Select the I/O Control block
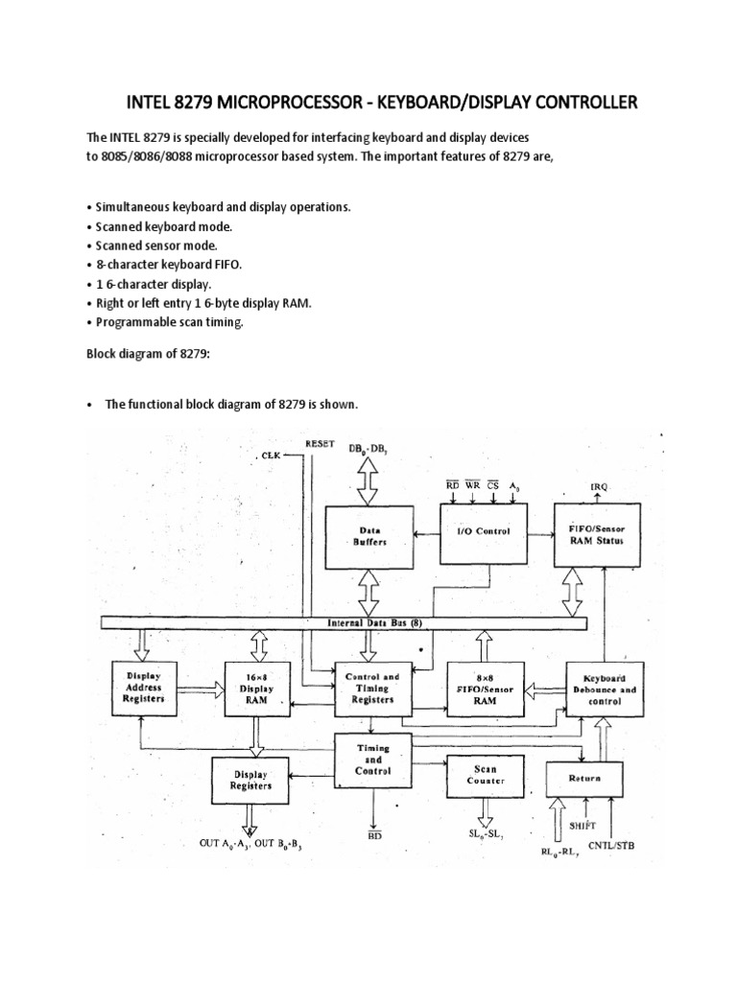point(484,530)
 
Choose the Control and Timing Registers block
point(371,688)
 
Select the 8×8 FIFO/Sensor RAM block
point(485,688)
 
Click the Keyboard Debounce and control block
point(603,688)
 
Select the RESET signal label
point(320,444)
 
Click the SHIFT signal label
point(584,824)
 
